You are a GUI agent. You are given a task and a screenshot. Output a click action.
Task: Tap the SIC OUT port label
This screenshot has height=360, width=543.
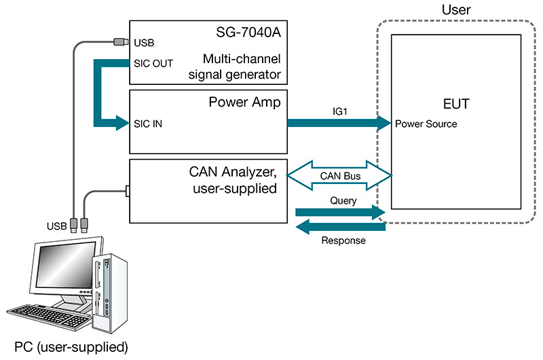154,63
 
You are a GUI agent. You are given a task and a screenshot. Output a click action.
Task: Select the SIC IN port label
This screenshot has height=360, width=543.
149,124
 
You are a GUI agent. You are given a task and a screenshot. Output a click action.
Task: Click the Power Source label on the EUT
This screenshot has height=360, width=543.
426,124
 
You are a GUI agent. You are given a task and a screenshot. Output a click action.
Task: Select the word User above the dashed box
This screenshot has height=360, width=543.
455,10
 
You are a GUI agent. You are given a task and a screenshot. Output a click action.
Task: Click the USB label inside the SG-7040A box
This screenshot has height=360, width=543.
145,43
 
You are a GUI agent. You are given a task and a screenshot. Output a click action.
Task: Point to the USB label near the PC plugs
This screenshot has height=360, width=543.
56,224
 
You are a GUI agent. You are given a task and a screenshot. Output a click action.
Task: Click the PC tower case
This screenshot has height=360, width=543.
108,285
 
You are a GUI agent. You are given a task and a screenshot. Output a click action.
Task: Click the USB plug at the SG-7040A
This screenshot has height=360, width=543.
121,42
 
